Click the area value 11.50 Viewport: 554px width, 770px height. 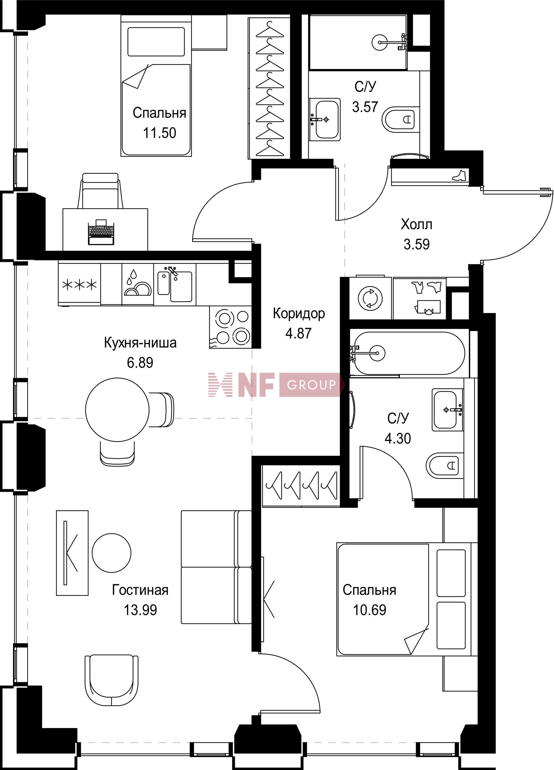pyautogui.click(x=160, y=133)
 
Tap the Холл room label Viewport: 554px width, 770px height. pyautogui.click(x=417, y=224)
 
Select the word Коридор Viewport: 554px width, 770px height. pyautogui.click(x=299, y=314)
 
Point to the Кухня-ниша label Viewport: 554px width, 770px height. pyautogui.click(x=140, y=343)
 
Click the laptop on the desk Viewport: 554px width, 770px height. pyautogui.click(x=101, y=232)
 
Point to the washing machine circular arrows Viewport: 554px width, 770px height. pyautogui.click(x=370, y=298)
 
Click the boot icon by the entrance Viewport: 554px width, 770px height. pyautogui.click(x=459, y=175)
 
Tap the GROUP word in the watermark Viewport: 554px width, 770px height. pyautogui.click(x=311, y=385)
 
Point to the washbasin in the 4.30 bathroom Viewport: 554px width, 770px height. pyautogui.click(x=447, y=410)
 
